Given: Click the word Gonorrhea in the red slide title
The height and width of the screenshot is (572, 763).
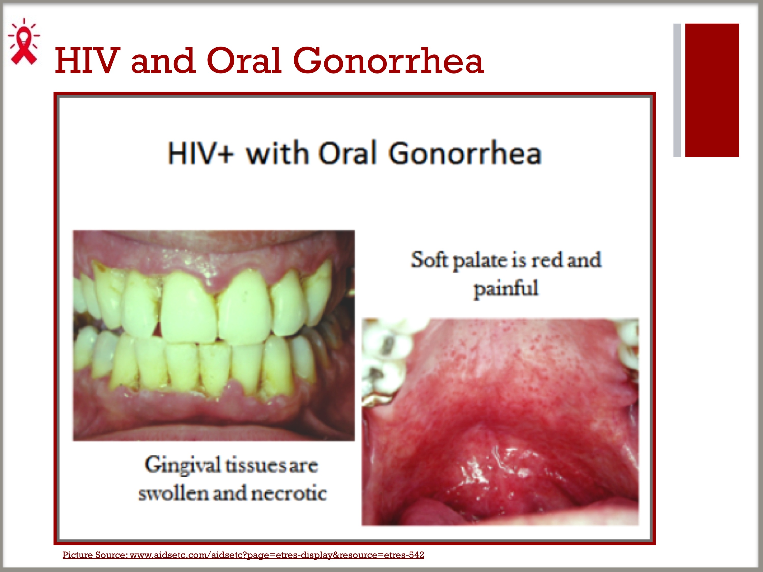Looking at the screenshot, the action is point(388,61).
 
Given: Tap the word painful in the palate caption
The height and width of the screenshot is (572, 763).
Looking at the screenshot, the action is point(506,289).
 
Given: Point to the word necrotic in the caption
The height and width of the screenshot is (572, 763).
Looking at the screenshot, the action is point(289,493).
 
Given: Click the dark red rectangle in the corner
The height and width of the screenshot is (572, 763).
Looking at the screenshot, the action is point(712,90).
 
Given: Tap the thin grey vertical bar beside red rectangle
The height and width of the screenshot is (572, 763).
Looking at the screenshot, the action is point(677,90).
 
